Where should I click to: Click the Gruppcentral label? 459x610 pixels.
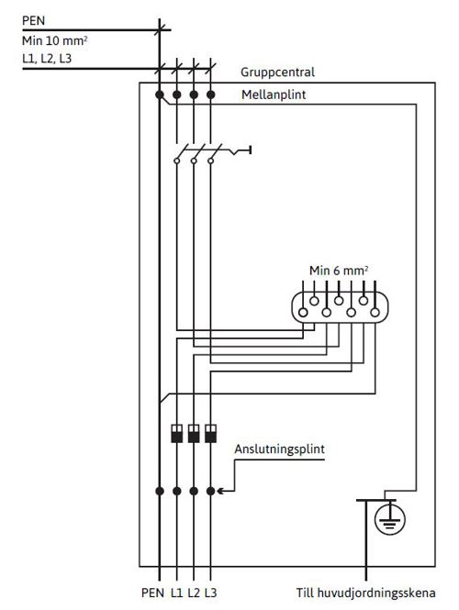pos(277,72)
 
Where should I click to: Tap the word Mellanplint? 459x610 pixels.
pos(274,94)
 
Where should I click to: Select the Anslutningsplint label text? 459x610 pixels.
pos(279,449)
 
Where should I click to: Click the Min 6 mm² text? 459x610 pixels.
pos(339,271)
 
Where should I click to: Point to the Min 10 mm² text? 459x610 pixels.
pos(54,40)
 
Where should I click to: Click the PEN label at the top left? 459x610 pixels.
pos(33,20)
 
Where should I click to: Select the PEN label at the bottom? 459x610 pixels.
pos(152,593)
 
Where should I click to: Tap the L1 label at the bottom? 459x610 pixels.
pos(176,593)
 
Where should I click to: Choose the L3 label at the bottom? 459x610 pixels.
pos(210,593)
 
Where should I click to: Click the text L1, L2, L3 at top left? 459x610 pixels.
pos(47,59)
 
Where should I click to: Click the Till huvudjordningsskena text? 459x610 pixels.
pos(366,593)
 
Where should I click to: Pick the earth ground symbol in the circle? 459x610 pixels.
pos(390,519)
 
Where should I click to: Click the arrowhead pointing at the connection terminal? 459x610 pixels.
pos(220,492)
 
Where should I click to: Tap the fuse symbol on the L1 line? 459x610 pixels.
pos(177,433)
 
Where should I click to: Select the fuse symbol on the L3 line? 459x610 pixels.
pos(210,433)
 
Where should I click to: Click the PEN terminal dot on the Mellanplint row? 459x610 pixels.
pos(159,94)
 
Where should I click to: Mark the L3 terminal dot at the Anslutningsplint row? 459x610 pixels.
pos(210,492)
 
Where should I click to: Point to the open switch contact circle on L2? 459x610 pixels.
pos(194,161)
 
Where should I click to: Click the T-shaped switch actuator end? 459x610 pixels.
pos(250,150)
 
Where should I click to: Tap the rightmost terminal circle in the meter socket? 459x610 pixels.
pos(375,312)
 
